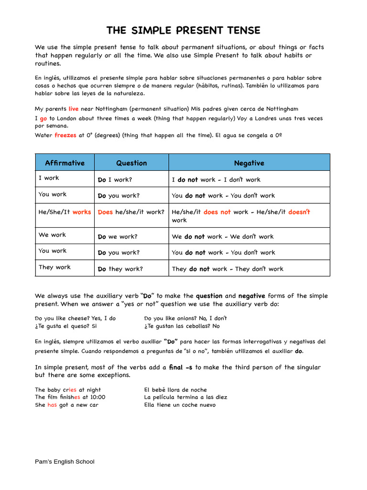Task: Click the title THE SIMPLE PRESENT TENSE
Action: (183, 31)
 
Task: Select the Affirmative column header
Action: (65, 163)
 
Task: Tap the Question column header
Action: (131, 163)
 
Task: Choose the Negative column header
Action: (249, 163)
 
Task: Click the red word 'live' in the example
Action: (74, 109)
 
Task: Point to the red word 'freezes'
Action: (65, 135)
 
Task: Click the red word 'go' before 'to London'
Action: (43, 118)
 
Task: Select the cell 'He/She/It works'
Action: (65, 212)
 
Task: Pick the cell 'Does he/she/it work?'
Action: (131, 212)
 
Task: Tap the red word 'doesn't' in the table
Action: (299, 212)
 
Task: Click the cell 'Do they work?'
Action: (120, 269)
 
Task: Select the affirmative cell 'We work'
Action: (53, 235)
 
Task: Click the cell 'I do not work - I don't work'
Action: (216, 180)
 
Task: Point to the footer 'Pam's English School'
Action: (65, 462)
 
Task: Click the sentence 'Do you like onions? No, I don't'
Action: (185, 318)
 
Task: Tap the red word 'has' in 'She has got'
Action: (52, 405)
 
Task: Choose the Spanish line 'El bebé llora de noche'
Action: (175, 390)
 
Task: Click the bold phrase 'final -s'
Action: (181, 367)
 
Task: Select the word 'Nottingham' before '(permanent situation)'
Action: (112, 109)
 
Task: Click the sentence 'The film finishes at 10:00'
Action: (70, 397)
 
